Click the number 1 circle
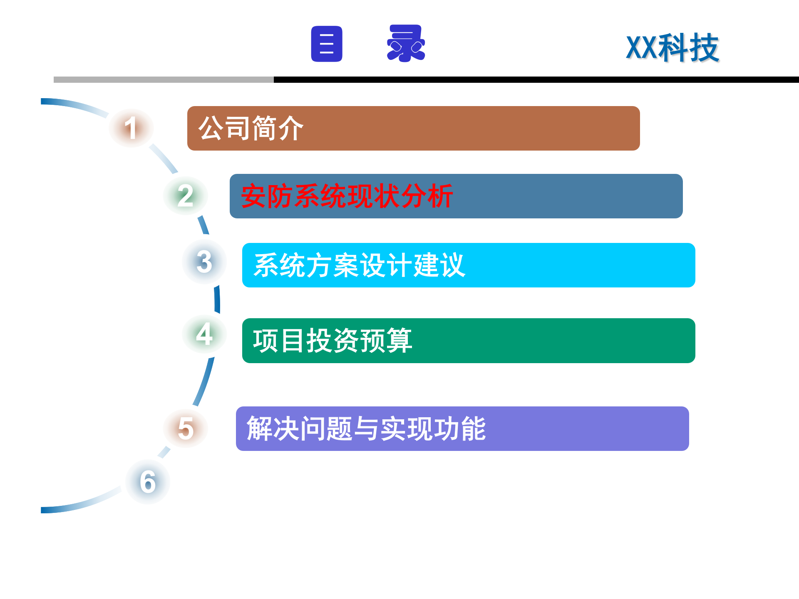[x=131, y=128]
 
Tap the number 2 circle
[x=186, y=196]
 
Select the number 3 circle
[x=204, y=262]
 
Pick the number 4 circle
[x=204, y=334]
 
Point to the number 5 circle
[x=186, y=428]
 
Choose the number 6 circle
[x=148, y=482]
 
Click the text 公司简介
[x=251, y=128]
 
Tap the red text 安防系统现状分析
[x=347, y=196]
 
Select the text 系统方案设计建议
[x=360, y=265]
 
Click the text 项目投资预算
[x=333, y=341]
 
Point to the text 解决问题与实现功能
[x=366, y=428]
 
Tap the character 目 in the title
[x=327, y=44]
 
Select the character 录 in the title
[x=406, y=44]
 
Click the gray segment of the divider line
[x=164, y=79]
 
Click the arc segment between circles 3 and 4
[x=217, y=299]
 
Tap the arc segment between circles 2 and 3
[x=203, y=225]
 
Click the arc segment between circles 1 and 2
[x=164, y=158]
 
